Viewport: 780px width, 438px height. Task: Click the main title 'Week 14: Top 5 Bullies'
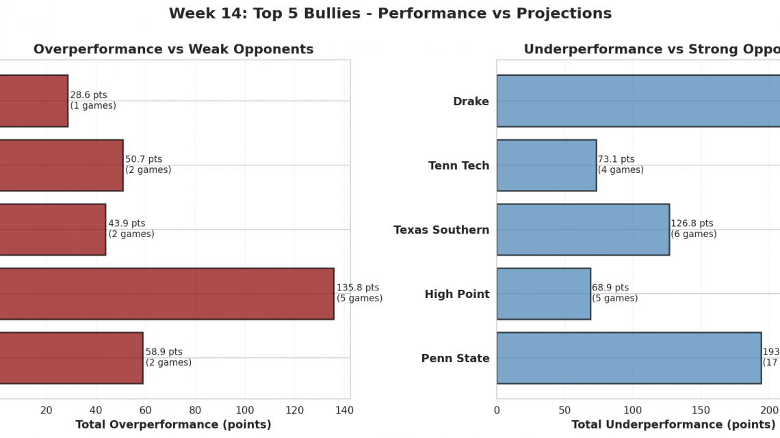390,14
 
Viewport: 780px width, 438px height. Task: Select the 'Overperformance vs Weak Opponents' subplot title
173,49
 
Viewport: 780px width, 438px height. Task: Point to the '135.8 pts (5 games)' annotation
359,293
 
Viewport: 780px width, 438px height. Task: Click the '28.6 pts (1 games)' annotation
93,100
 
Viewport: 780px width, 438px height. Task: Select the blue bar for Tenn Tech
546,165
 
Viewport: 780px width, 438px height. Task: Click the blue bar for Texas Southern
582,229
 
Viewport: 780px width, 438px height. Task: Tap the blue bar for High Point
543,293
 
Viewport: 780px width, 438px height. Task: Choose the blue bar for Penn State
628,357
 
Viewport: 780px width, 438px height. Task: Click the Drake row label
471,102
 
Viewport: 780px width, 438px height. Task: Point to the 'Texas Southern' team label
441,230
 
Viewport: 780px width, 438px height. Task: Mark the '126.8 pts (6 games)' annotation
693,229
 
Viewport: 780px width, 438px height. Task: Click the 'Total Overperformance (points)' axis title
173,424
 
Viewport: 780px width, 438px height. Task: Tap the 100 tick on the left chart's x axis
245,410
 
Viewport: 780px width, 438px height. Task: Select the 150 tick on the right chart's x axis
701,410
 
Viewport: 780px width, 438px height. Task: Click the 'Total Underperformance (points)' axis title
664,424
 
